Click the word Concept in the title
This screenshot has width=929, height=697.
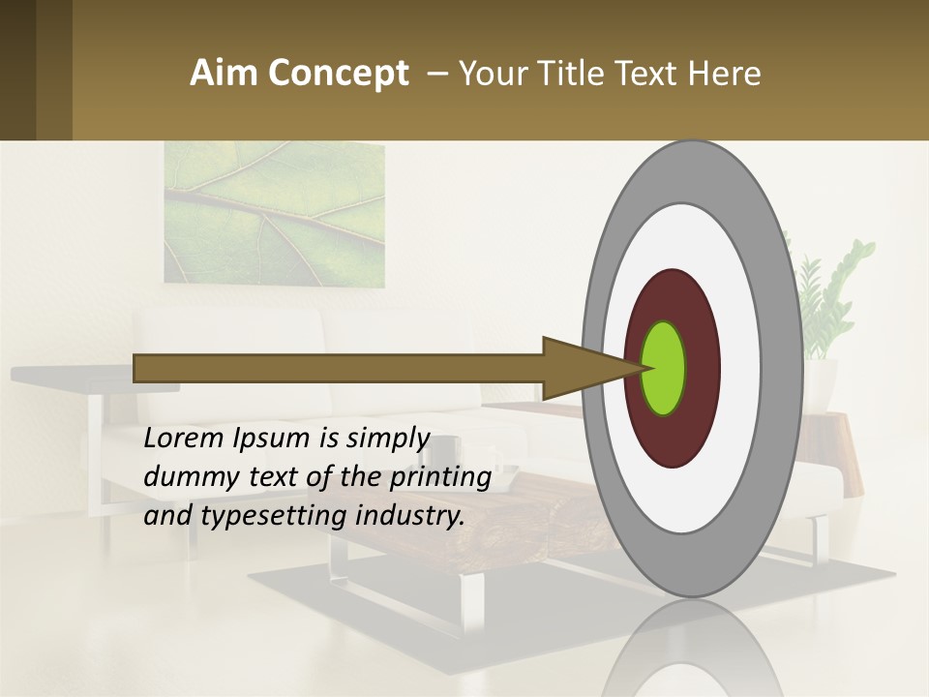338,74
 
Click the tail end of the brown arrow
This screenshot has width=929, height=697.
136,368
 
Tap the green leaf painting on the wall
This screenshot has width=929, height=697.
274,214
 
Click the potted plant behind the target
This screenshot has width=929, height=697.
823,290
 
